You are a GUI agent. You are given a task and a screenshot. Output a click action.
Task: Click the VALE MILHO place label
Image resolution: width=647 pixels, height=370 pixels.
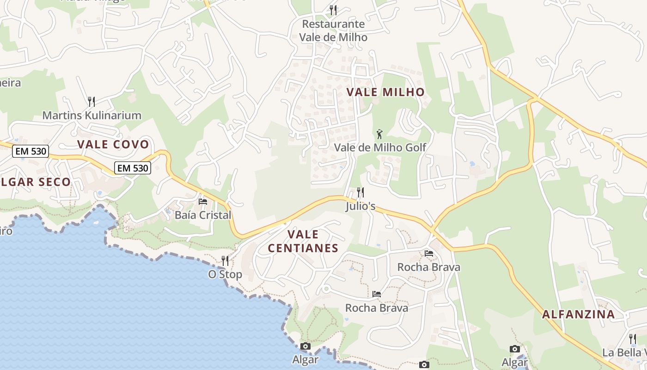385,92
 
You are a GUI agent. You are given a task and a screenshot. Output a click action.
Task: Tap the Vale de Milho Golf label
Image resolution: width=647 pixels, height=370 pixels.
380,148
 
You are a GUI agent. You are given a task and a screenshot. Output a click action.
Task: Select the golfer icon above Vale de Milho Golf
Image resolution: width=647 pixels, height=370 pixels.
379,134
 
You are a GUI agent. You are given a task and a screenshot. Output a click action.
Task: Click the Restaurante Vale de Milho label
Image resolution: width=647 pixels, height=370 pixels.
333,31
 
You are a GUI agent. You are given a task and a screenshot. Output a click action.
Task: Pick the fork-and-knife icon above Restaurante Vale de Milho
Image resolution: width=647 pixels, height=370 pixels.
333,10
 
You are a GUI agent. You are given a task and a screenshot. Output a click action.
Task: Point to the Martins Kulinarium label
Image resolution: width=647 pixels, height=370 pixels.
92,115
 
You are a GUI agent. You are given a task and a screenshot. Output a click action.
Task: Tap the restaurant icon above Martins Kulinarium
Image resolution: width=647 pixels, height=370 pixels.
92,101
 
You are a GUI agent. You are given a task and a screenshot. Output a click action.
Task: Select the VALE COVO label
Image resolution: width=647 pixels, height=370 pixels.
113,144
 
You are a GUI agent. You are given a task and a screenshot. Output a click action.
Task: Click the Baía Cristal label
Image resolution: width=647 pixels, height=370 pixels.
202,215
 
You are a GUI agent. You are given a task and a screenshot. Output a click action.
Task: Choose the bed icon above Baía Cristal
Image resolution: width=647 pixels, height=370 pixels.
202,201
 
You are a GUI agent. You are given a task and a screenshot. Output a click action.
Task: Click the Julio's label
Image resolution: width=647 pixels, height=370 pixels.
360,206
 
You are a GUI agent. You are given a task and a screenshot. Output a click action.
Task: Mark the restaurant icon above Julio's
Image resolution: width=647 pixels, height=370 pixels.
360,192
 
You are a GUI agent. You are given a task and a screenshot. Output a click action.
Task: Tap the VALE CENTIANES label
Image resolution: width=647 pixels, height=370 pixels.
303,241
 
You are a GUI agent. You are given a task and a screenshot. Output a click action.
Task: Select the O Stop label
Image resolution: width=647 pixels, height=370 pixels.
225,274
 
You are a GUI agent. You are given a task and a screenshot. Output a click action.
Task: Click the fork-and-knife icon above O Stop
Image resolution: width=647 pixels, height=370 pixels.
225,260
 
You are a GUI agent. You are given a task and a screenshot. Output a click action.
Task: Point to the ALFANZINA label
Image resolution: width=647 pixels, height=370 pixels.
578,314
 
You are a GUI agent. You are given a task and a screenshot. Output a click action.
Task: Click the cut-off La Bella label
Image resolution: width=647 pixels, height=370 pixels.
624,353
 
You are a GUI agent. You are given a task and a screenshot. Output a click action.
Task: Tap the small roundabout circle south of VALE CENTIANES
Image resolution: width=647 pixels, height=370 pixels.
326,289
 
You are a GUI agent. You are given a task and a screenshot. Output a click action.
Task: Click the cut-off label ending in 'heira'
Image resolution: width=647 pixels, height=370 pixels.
10,83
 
